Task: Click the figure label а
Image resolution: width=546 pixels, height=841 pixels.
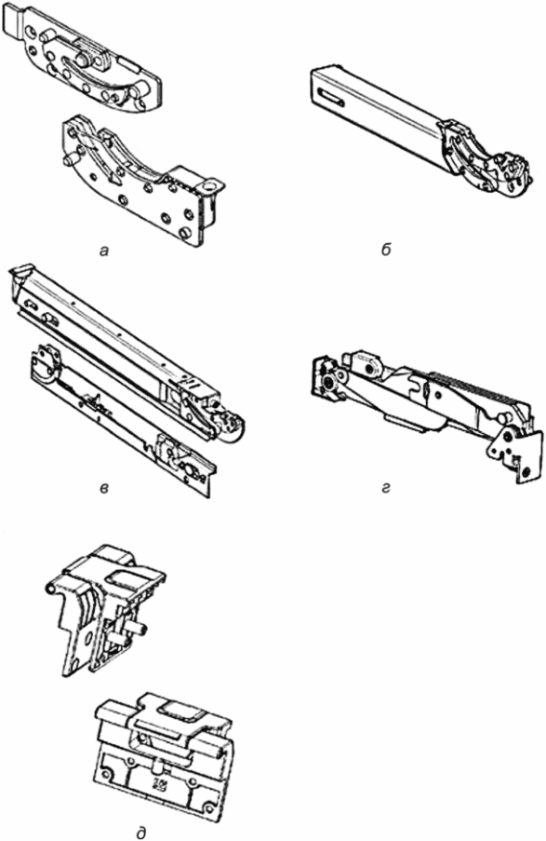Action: (104, 251)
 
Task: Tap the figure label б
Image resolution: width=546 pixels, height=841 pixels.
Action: (387, 250)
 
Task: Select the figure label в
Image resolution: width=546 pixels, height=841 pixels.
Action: (105, 488)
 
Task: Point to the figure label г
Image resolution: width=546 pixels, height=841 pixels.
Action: (387, 488)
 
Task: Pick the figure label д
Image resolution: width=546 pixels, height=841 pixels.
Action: (141, 832)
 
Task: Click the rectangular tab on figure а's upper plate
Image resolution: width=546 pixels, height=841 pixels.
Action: (12, 20)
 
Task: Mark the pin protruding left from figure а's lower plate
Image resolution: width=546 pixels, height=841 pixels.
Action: (70, 159)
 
